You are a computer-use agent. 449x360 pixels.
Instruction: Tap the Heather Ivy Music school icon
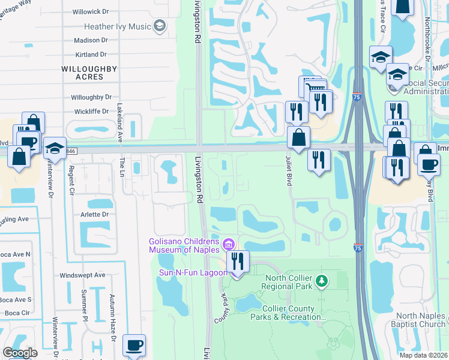coord(160,26)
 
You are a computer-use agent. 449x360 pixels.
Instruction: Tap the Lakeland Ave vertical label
coord(120,124)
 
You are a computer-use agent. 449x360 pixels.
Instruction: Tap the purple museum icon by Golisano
coord(228,244)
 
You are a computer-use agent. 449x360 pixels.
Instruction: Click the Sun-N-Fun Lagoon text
coord(184,272)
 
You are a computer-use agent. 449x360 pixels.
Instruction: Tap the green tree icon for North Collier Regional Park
coord(322,281)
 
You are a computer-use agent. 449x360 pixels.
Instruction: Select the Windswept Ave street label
coord(82,275)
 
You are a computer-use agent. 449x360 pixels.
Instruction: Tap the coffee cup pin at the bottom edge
coord(134,346)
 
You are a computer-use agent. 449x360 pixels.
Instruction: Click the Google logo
coord(20,353)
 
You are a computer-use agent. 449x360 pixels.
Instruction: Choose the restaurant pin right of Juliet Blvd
coord(319,160)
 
